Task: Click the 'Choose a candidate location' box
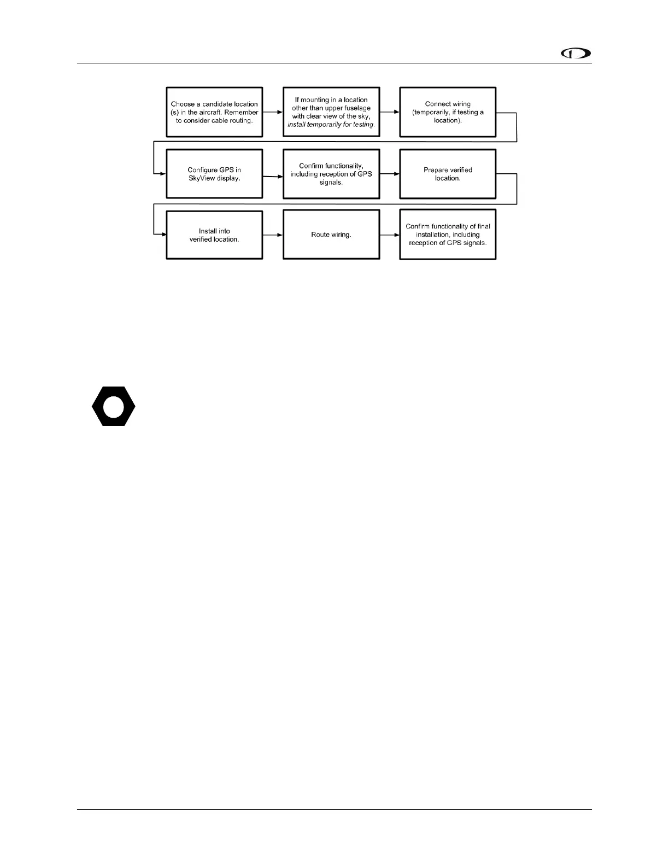[x=214, y=112]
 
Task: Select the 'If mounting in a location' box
[x=331, y=112]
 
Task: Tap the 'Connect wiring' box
[x=448, y=112]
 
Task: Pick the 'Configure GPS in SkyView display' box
[x=214, y=174]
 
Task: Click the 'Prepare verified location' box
[x=448, y=174]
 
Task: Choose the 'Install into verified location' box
[x=214, y=235]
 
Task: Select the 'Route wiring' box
[x=331, y=235]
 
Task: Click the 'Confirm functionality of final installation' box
[x=448, y=235]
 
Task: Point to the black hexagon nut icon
[x=113, y=406]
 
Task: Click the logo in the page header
[x=576, y=54]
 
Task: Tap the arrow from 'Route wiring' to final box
[x=389, y=235]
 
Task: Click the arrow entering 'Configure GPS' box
[x=160, y=174]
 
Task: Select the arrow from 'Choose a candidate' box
[x=272, y=112]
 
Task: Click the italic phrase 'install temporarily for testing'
[x=331, y=125]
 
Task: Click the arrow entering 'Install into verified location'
[x=160, y=235]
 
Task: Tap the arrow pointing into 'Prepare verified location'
[x=389, y=174]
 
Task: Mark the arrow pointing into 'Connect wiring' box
[x=389, y=112]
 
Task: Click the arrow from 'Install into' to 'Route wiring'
[x=272, y=235]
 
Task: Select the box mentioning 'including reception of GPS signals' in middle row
[x=331, y=174]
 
